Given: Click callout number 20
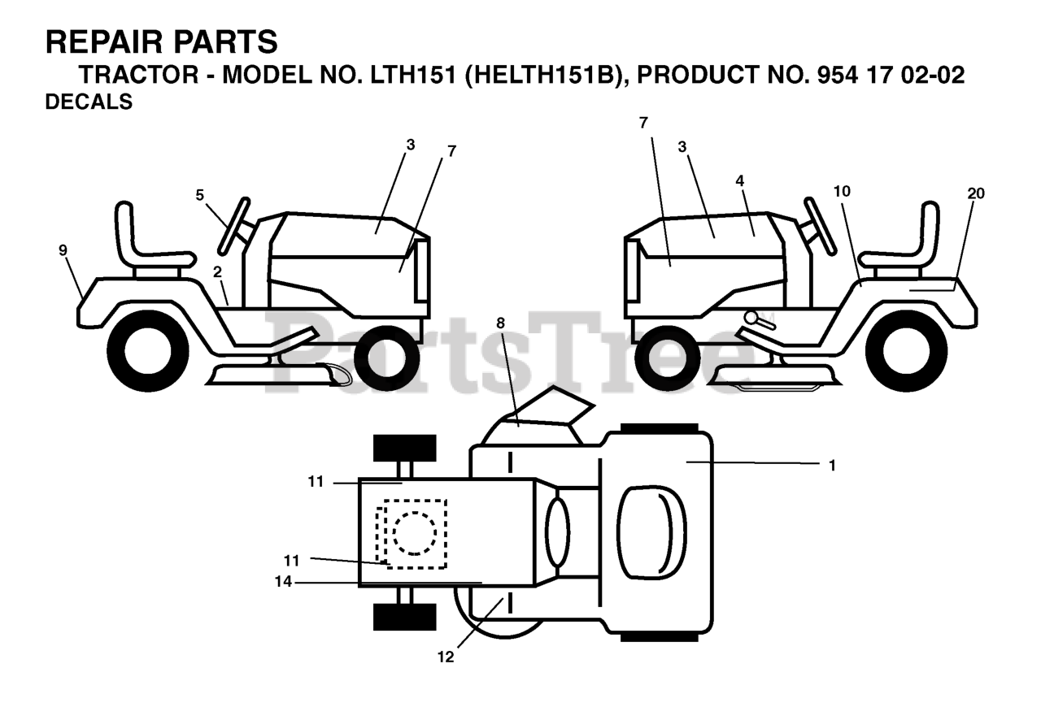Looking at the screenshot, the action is [x=976, y=193].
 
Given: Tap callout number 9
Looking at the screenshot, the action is [x=63, y=249].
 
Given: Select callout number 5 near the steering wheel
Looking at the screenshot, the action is [x=200, y=194].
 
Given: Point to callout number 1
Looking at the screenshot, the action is [x=831, y=466].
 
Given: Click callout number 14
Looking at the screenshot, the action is [x=282, y=582].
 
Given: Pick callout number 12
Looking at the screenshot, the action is [x=445, y=657].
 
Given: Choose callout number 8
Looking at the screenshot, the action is [x=500, y=323].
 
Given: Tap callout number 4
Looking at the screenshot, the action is [x=740, y=180].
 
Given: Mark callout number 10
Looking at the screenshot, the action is [x=842, y=191].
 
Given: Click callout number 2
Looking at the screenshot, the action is [x=218, y=271].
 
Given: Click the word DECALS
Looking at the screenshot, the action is [x=89, y=103].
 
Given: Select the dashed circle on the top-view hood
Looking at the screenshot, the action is [x=415, y=534].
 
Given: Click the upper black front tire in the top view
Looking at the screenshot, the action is [x=404, y=447].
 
